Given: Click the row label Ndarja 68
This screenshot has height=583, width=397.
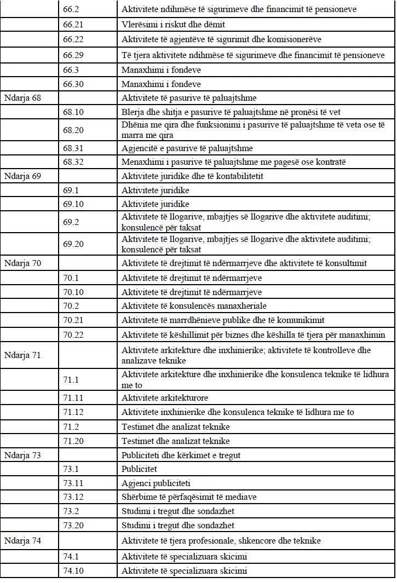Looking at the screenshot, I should click(x=22, y=98).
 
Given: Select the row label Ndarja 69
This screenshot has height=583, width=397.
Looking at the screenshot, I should click(x=22, y=176).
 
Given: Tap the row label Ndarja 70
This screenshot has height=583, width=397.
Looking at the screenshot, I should click(x=22, y=263).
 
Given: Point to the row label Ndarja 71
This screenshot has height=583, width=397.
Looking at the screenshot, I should click(x=22, y=355).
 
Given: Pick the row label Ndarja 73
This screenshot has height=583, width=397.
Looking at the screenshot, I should click(x=22, y=455).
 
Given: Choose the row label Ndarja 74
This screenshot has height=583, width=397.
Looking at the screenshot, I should click(x=22, y=541).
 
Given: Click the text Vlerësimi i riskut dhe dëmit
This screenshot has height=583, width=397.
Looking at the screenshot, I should click(x=174, y=24).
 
